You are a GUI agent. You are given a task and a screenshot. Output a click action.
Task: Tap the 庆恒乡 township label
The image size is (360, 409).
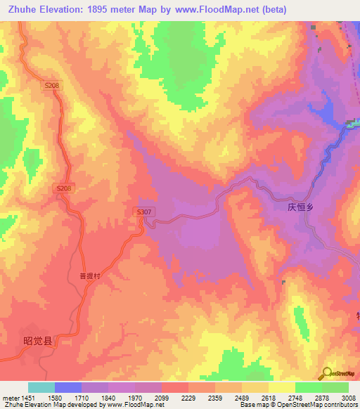(x=304, y=208)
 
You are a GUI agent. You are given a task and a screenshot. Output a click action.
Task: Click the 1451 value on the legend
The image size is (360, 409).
(x=25, y=397)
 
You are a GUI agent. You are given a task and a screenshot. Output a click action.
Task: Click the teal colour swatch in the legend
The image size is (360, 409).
(x=41, y=387)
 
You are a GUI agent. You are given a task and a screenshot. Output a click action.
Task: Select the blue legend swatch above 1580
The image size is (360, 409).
(x=68, y=387)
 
